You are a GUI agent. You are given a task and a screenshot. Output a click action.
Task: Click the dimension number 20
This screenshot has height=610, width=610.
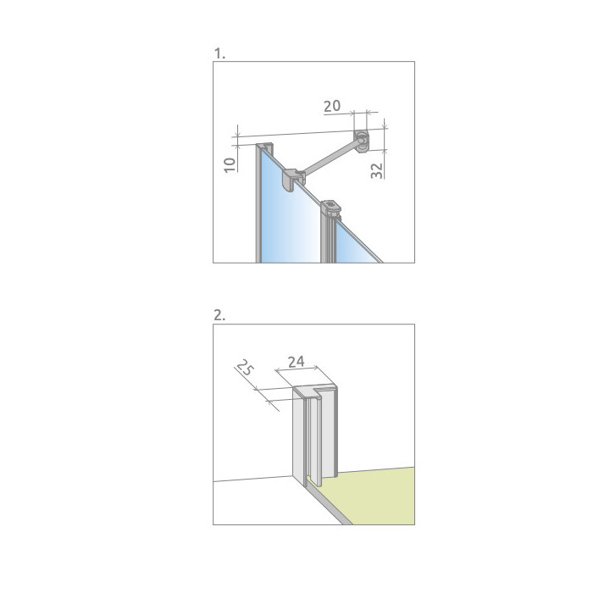click(x=332, y=106)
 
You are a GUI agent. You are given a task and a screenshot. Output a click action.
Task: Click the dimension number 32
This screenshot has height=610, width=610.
click(x=376, y=170)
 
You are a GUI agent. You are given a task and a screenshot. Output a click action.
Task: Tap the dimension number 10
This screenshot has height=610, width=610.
click(x=230, y=164)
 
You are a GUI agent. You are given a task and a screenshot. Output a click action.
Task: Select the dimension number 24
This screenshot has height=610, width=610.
click(x=296, y=362)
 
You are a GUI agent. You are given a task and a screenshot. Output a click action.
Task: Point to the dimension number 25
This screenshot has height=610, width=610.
click(x=245, y=367)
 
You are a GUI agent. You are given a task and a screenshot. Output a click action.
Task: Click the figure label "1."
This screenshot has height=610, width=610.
click(x=219, y=53)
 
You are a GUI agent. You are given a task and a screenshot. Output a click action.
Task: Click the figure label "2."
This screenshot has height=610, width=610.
click(x=219, y=315)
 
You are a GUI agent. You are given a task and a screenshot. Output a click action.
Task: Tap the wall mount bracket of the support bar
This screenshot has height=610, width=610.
click(x=362, y=141)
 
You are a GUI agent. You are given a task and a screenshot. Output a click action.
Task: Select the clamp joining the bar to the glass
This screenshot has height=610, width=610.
click(x=292, y=180)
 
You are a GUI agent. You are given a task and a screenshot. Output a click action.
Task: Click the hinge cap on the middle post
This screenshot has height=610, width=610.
click(x=330, y=209)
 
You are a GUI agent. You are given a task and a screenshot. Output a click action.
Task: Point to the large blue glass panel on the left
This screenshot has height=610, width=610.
click(x=288, y=218)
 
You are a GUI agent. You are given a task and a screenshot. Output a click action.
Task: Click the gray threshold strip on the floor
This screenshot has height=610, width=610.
click(x=328, y=505)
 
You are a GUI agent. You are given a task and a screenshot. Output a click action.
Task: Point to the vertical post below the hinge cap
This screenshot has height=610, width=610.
click(x=328, y=239)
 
